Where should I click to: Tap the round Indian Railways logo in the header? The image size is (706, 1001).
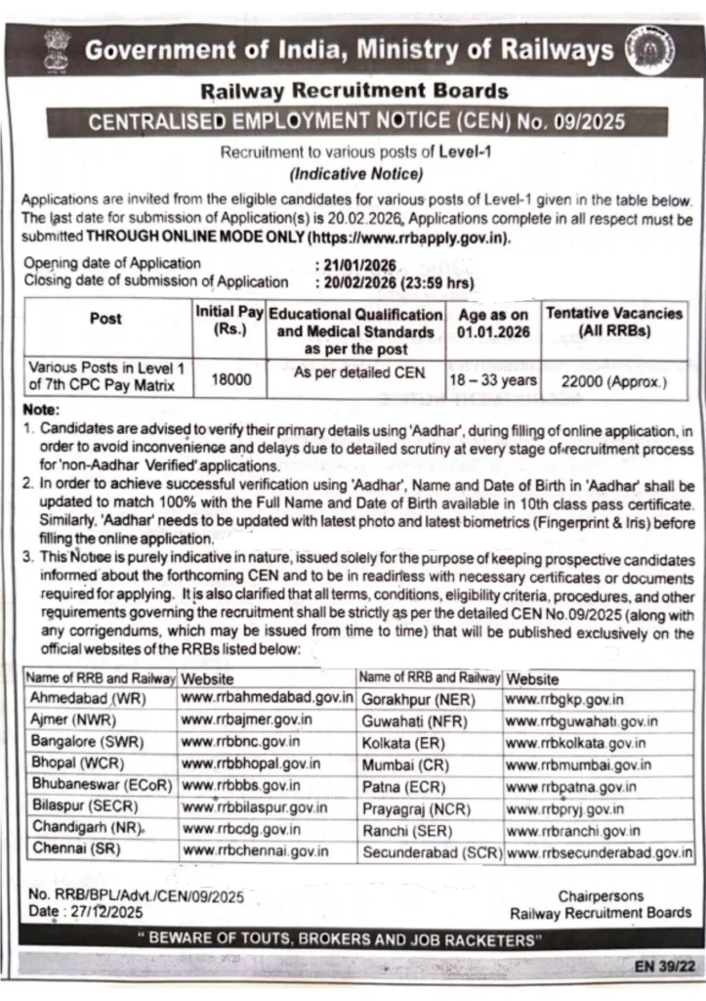(653, 51)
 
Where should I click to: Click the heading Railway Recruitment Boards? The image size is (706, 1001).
(353, 92)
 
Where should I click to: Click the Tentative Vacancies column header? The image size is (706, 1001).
(614, 323)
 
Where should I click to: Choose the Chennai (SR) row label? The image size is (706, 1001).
(69, 849)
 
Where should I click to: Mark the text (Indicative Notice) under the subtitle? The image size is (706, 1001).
(353, 175)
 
